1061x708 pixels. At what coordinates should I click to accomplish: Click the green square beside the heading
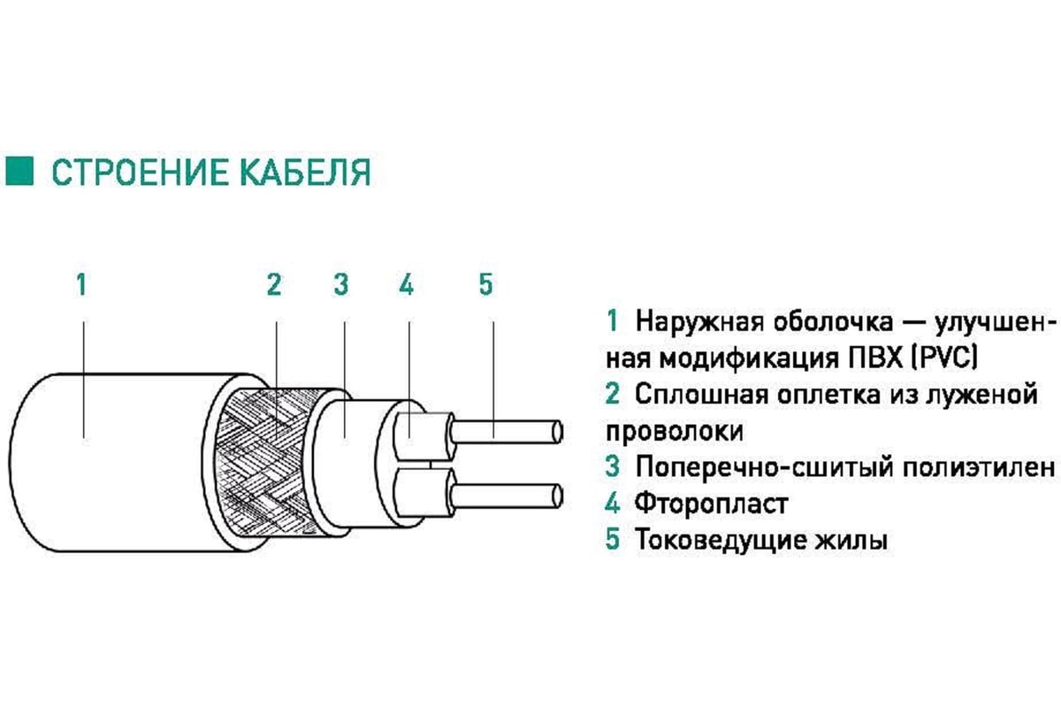[x=19, y=171]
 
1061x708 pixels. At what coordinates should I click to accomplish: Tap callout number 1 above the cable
[x=82, y=285]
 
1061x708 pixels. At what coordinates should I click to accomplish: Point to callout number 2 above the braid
[x=274, y=285]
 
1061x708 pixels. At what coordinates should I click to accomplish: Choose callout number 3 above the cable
[x=341, y=285]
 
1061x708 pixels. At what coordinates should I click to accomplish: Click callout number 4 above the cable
[x=407, y=285]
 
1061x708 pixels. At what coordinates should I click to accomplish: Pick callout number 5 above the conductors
[x=486, y=285]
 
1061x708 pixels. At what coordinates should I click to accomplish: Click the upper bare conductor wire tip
[x=558, y=432]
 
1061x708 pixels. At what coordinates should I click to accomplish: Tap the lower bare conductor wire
[x=507, y=496]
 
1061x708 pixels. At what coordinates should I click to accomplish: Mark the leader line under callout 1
[x=84, y=381]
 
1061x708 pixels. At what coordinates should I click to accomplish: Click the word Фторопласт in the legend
[x=712, y=503]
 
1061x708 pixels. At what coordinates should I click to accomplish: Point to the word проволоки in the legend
[x=675, y=432]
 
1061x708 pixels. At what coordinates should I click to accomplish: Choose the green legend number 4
[x=612, y=503]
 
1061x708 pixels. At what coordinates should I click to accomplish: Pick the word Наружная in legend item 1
[x=699, y=321]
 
